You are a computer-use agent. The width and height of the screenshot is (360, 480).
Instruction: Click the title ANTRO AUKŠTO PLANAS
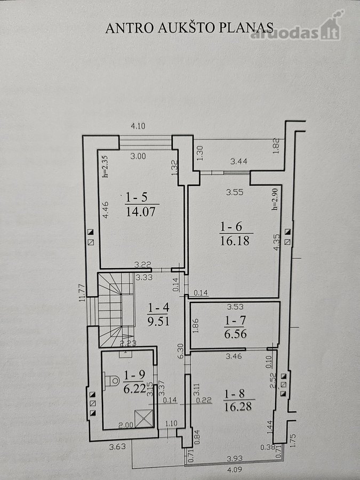pyautogui.click(x=189, y=28)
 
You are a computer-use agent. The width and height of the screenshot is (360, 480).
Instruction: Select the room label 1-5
pyautogui.click(x=137, y=197)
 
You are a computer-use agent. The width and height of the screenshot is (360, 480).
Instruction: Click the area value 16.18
pyautogui.click(x=235, y=241)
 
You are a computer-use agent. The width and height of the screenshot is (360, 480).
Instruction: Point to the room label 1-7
pyautogui.click(x=235, y=321)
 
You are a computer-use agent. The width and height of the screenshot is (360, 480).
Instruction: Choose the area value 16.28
pyautogui.click(x=238, y=406)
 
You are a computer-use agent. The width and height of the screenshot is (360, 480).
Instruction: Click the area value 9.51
pyautogui.click(x=158, y=322)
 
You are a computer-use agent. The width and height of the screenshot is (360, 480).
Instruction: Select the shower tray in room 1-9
pyautogui.click(x=143, y=419)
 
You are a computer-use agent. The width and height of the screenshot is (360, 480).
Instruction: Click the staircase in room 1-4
pyautogui.click(x=116, y=310)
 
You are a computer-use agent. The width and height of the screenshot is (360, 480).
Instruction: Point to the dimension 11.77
pyautogui.click(x=82, y=293)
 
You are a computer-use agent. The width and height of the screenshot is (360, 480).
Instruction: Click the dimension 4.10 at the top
pyautogui.click(x=138, y=126)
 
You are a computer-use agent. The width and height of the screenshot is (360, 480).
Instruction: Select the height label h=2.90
pyautogui.click(x=275, y=199)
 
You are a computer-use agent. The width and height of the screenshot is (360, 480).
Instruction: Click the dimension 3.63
pyautogui.click(x=117, y=446)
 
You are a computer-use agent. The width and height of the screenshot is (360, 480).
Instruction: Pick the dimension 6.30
pyautogui.click(x=181, y=351)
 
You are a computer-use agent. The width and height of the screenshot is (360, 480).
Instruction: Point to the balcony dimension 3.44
pyautogui.click(x=239, y=161)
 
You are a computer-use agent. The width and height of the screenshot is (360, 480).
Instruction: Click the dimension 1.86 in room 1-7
pyautogui.click(x=196, y=326)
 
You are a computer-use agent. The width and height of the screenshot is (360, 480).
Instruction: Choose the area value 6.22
pyautogui.click(x=135, y=389)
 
